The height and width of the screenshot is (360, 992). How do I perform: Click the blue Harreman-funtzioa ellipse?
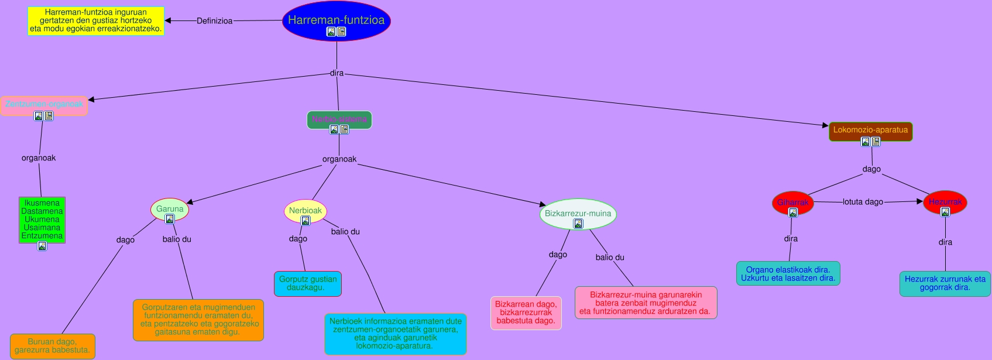(336, 20)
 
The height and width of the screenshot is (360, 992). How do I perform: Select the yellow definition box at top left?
(96, 20)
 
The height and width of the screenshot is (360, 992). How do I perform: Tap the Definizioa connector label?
(214, 21)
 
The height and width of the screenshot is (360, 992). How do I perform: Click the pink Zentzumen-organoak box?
(44, 104)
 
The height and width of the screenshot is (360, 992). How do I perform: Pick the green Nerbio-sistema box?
(339, 119)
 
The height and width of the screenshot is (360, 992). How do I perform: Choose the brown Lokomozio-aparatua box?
(870, 130)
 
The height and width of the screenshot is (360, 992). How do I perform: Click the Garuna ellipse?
(170, 209)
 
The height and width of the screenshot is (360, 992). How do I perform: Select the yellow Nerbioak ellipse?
(305, 211)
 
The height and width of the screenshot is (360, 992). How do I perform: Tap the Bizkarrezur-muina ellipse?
(578, 214)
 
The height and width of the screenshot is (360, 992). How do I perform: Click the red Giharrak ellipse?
(792, 203)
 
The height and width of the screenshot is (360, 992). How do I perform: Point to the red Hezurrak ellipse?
(945, 202)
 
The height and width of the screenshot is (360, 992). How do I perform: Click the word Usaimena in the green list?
(42, 228)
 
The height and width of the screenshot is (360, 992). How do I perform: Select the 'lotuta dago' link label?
(863, 202)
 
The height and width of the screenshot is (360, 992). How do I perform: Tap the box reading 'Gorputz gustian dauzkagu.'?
(308, 283)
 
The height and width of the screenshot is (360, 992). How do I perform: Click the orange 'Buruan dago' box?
(53, 346)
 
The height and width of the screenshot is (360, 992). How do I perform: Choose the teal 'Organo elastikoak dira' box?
(788, 273)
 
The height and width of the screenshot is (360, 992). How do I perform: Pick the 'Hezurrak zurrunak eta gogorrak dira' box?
(945, 283)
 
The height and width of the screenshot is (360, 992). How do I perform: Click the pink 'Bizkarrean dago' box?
(526, 313)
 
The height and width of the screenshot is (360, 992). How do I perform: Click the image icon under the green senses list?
(42, 246)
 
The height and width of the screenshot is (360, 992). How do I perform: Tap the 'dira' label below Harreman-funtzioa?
(337, 73)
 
